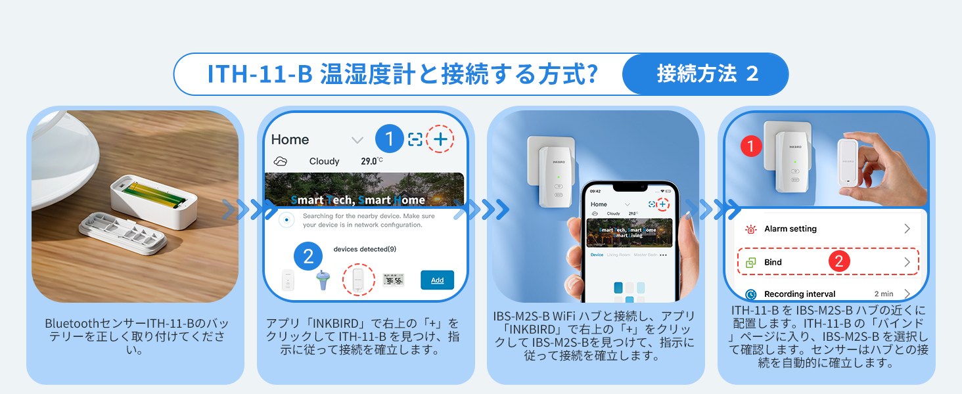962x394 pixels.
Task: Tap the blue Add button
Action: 437,280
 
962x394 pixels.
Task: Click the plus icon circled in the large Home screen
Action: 440,139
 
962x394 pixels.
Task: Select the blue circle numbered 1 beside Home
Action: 390,139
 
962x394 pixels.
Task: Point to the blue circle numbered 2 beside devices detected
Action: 308,256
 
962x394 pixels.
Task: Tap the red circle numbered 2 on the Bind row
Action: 839,261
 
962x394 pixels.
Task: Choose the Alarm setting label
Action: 790,229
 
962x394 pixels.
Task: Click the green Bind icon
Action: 750,262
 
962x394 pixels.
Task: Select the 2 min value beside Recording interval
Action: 883,294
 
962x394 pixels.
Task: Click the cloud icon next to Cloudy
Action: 281,161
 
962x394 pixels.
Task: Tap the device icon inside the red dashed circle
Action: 358,280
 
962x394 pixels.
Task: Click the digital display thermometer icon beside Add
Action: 393,280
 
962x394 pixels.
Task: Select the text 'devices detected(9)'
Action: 365,249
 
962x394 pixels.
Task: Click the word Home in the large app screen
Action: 290,139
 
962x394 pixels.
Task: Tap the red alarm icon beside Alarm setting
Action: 750,229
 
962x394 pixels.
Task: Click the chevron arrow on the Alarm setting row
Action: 907,229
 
